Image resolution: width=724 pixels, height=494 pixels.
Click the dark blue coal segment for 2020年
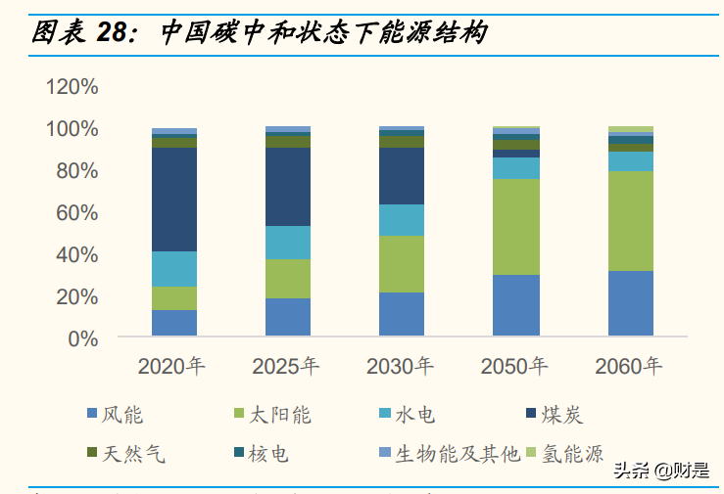pyautogui.click(x=173, y=200)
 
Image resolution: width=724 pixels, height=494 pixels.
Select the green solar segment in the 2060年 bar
pyautogui.click(x=630, y=221)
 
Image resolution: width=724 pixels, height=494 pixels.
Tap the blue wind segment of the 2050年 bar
pyautogui.click(x=515, y=305)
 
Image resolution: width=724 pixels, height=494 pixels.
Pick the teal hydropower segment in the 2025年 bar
pyautogui.click(x=288, y=243)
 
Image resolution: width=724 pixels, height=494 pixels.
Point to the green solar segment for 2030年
pyautogui.click(x=402, y=264)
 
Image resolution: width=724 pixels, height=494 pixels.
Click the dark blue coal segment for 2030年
pyautogui.click(x=402, y=176)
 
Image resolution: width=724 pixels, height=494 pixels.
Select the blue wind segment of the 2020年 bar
pyautogui.click(x=173, y=323)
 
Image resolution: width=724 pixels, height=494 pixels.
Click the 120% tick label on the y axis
pyautogui.click(x=72, y=87)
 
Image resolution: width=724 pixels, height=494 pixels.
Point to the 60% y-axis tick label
pyautogui.click(x=76, y=213)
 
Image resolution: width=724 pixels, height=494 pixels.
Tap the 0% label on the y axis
pyautogui.click(x=82, y=339)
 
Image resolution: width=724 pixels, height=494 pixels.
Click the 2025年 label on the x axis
pyautogui.click(x=286, y=367)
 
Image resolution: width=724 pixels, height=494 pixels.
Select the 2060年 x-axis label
pyautogui.click(x=629, y=367)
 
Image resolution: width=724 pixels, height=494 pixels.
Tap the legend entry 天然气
pyautogui.click(x=125, y=453)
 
